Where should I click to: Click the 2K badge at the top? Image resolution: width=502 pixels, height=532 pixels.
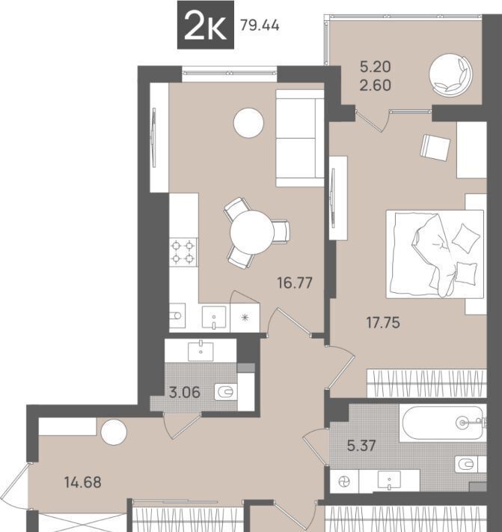206,25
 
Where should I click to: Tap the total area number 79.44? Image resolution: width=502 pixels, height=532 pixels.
260,25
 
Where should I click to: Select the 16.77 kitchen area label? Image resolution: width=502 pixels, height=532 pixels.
295,282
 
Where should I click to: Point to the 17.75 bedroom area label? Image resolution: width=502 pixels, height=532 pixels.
383,322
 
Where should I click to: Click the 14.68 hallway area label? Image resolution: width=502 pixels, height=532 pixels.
83,482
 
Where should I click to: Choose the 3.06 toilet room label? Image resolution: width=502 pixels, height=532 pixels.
185,392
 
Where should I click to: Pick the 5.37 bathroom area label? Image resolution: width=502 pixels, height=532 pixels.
361,446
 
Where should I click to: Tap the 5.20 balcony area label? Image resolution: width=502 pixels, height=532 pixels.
376,67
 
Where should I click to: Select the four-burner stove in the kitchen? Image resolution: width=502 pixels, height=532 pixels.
183,252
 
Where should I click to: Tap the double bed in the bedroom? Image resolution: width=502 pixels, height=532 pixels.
435,254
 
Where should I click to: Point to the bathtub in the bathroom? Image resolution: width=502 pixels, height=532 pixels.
443,423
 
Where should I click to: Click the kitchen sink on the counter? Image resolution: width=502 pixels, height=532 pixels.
214,318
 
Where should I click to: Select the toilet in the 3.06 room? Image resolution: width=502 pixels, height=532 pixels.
226,392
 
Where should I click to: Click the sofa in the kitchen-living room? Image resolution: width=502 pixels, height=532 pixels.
300,138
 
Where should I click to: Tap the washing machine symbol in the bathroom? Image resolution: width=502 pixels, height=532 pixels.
344,482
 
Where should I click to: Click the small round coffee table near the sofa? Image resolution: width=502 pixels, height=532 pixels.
248,123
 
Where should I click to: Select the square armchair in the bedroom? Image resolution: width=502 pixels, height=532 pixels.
435,148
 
